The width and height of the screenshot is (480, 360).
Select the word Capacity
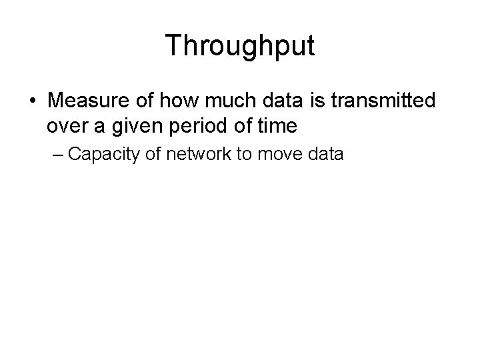point(102,155)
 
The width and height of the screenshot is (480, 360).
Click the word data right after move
point(325,155)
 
